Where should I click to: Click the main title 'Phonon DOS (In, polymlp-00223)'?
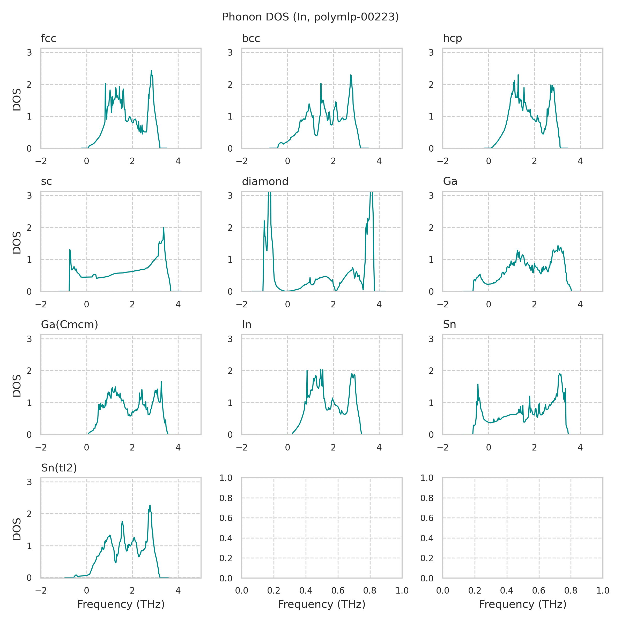pyautogui.click(x=310, y=17)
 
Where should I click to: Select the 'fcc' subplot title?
pyautogui.click(x=49, y=39)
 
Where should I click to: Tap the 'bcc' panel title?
pyautogui.click(x=251, y=39)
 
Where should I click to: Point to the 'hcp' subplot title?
pyautogui.click(x=452, y=39)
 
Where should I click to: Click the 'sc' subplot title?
pyautogui.click(x=46, y=182)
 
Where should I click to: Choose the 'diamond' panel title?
pyautogui.click(x=265, y=182)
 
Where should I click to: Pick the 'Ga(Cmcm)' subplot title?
pyautogui.click(x=69, y=325)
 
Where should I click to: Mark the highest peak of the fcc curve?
pyautogui.click(x=151, y=71)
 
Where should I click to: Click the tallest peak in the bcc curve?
pyautogui.click(x=351, y=75)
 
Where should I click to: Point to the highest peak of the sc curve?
pyautogui.click(x=164, y=228)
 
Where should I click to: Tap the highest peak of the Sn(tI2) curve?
pyautogui.click(x=150, y=505)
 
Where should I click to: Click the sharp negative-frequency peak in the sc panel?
pyautogui.click(x=70, y=249)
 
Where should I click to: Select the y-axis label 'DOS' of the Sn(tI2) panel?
pyautogui.click(x=17, y=529)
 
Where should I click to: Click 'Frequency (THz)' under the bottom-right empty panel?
pyautogui.click(x=522, y=604)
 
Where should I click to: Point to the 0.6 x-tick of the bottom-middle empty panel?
pyautogui.click(x=338, y=591)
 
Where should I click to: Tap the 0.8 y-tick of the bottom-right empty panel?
pyautogui.click(x=427, y=498)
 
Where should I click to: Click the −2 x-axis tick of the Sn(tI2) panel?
pyautogui.click(x=41, y=591)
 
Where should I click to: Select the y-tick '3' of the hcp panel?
pyautogui.click(x=431, y=52)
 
